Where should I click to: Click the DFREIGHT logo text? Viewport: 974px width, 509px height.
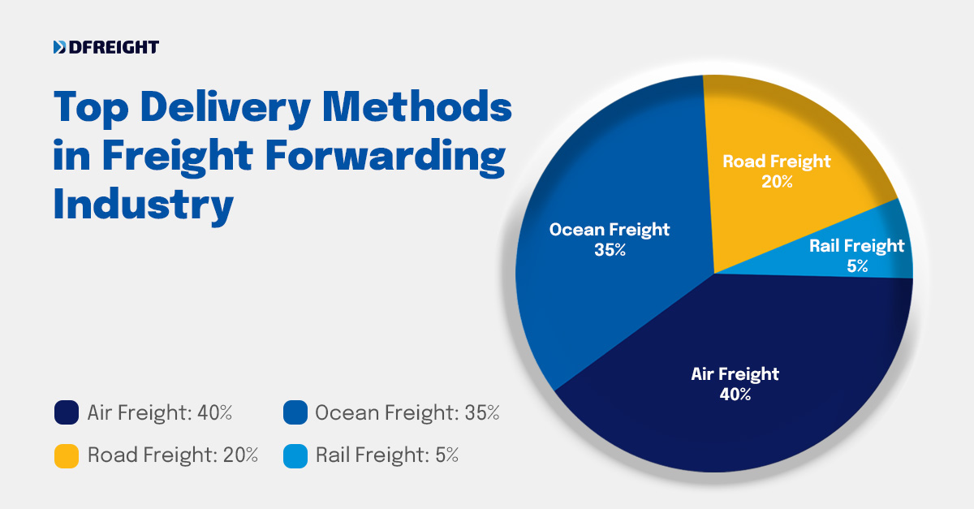[x=114, y=48]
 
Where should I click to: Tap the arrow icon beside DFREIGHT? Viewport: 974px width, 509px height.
[x=59, y=48]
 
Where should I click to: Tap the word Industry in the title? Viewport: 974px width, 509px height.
[x=143, y=205]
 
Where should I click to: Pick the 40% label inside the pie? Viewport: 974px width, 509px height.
[x=735, y=395]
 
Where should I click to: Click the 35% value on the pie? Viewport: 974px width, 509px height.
[x=609, y=250]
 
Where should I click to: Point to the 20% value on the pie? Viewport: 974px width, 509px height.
[x=776, y=182]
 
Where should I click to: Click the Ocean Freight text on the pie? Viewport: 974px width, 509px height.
[x=609, y=230]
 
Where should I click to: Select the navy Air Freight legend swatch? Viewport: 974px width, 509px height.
[x=66, y=413]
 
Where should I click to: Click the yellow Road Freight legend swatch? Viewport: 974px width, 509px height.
[x=66, y=455]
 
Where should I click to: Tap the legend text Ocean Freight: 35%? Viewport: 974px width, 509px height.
[x=407, y=413]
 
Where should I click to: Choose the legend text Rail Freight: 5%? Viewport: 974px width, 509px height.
[x=386, y=455]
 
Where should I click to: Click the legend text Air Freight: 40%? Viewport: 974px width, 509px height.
[x=160, y=413]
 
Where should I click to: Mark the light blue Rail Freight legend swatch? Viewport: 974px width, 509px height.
[x=295, y=455]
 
